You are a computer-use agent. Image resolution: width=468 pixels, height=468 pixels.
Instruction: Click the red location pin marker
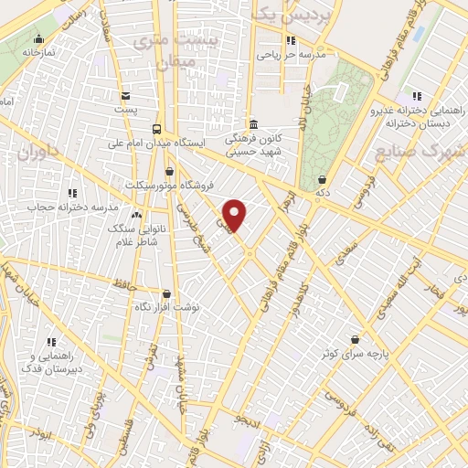(x=235, y=215)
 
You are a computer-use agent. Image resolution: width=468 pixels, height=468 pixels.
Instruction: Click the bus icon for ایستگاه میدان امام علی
(x=157, y=129)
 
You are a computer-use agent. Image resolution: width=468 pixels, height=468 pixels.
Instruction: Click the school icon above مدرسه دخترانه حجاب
(x=71, y=193)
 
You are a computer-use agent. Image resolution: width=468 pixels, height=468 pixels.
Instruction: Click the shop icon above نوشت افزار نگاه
(x=166, y=294)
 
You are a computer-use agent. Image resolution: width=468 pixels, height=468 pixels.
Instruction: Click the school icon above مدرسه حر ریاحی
(x=290, y=40)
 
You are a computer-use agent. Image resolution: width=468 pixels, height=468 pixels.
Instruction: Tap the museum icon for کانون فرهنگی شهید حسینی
(x=253, y=125)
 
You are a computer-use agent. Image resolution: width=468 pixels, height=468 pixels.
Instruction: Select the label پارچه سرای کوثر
(x=354, y=352)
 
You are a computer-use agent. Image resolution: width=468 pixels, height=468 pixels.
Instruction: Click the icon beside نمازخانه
(x=38, y=38)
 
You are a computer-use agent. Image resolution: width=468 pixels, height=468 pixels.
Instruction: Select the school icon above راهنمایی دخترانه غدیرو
(x=417, y=95)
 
